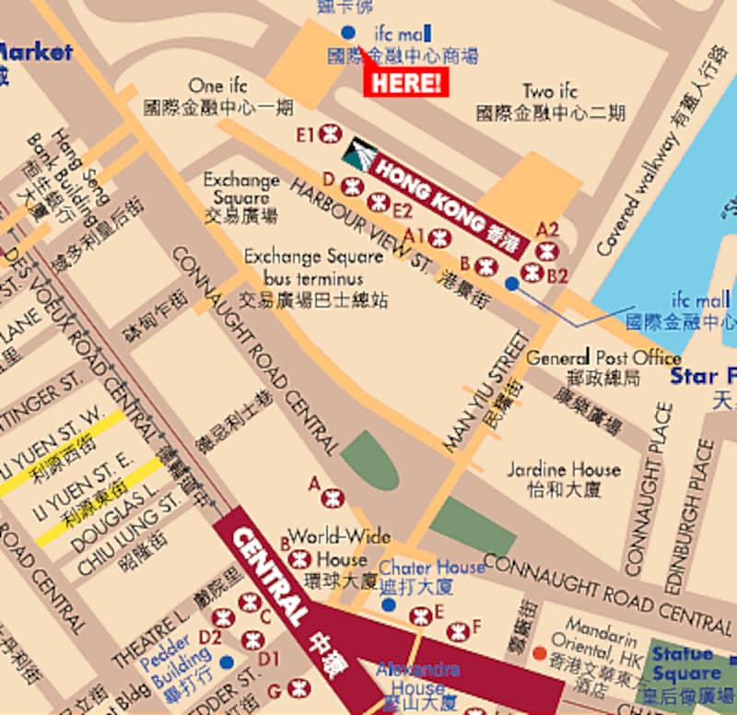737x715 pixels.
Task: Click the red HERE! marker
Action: [x=407, y=82]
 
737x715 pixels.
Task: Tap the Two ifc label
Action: [x=550, y=92]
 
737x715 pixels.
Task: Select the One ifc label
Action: [x=219, y=87]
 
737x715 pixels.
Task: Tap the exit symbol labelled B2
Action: [x=532, y=272]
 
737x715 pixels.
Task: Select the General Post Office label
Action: [x=603, y=358]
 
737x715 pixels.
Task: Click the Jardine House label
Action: [x=563, y=470]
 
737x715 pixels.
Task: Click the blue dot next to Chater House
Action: [x=389, y=604]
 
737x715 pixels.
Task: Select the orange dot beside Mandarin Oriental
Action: [x=539, y=653]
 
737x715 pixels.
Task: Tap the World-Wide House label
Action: [x=340, y=548]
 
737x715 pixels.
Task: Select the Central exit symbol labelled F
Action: [x=457, y=631]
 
